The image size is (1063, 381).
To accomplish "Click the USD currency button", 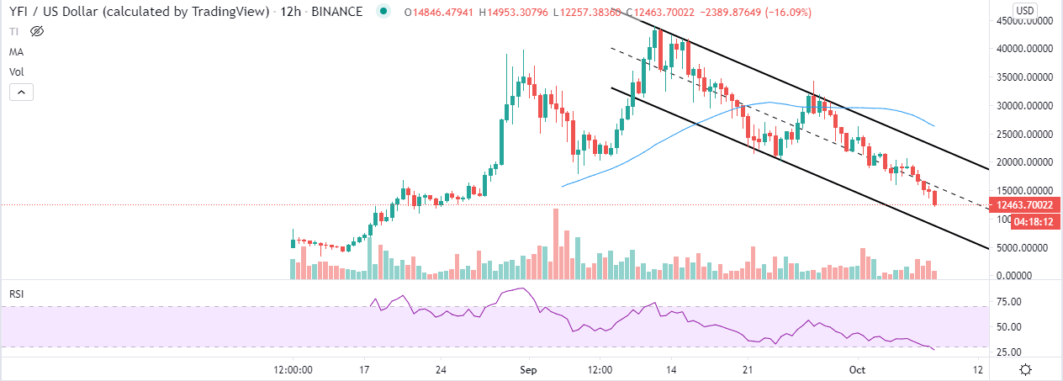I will coord(1023,10).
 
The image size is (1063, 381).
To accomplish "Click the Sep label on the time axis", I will coord(528,369).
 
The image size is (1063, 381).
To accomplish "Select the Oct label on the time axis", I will coord(857,369).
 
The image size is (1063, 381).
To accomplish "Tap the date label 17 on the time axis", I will coord(364,369).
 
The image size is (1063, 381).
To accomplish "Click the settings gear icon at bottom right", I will coord(1026,369).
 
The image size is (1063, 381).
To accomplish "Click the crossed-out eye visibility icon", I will coord(36,32).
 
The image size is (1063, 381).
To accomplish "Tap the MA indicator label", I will coord(16,52).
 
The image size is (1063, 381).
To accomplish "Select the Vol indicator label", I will coord(16,71).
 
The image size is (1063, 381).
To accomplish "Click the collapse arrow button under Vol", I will coord(22,92).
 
